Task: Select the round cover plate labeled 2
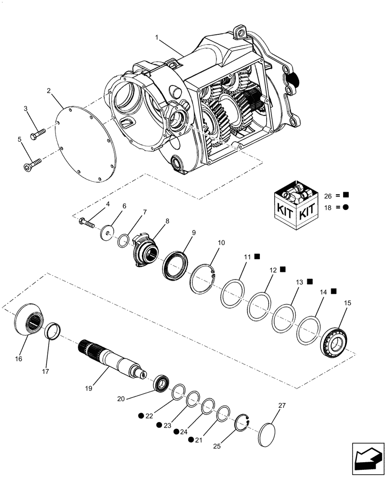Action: pos(85,145)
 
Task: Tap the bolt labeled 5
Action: pos(32,165)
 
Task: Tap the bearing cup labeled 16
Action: pos(29,322)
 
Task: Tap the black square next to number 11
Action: pos(257,256)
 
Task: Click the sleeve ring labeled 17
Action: pos(54,330)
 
